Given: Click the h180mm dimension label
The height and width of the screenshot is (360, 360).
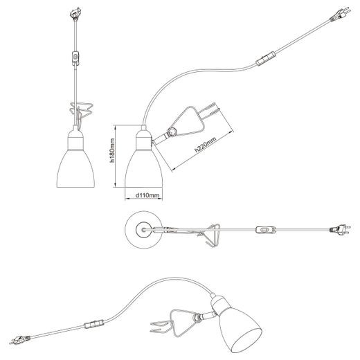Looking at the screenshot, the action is tap(112, 150).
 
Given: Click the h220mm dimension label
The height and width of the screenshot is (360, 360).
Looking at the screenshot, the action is tap(205, 145).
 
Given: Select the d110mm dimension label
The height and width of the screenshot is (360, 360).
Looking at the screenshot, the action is tap(147, 195).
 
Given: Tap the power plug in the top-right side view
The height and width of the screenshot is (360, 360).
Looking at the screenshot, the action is tap(340, 15).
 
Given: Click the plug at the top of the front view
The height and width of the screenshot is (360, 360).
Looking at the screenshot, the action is tap(75, 14).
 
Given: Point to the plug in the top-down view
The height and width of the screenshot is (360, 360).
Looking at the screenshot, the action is tap(340, 229).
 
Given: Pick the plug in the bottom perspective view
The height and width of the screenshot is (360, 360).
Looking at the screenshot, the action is tap(20, 340).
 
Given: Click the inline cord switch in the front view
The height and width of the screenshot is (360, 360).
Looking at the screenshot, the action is tap(75, 57).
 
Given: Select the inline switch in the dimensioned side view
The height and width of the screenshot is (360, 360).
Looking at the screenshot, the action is tap(265, 59).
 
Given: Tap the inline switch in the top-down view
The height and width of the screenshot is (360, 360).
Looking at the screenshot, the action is tap(265, 230).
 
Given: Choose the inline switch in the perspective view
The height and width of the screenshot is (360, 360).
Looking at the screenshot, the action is tap(93, 324).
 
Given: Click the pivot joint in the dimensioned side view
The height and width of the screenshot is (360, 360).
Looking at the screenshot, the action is tap(172, 132).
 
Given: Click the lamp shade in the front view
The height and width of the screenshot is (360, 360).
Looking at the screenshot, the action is tap(75, 169).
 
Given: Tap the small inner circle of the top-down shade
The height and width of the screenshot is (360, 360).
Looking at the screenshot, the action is tap(143, 230).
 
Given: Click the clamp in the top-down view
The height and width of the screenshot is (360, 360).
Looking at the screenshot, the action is tap(209, 235).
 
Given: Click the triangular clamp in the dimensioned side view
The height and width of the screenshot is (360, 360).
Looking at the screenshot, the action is tap(192, 120).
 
